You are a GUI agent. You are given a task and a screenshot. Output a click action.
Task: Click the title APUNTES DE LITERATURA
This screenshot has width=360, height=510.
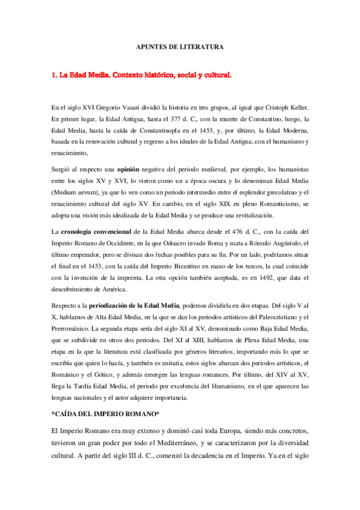(179, 46)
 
